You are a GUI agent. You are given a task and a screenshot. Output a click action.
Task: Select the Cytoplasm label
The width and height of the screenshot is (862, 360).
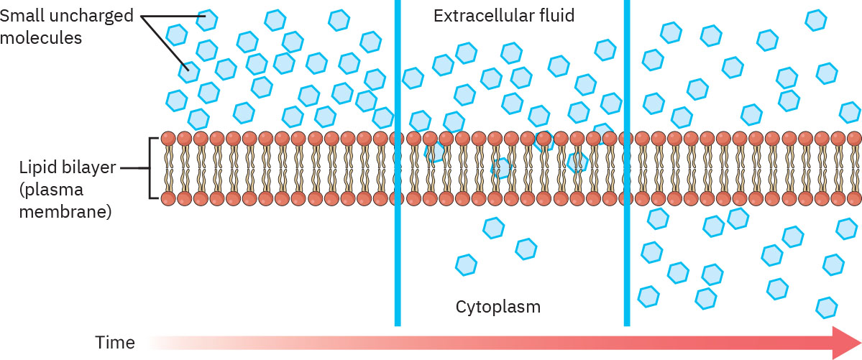coord(498,307)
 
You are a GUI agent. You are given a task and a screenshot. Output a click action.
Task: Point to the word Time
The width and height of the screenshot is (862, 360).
coord(115,343)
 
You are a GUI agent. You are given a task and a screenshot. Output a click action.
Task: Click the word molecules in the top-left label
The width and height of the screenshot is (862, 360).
coord(41,37)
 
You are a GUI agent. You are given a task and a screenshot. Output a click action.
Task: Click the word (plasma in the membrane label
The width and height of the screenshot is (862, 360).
coord(52,190)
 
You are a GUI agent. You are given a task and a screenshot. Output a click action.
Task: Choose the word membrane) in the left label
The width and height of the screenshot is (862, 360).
coord(65,212)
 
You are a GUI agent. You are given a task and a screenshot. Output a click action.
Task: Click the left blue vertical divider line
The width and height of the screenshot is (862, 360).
coord(397,162)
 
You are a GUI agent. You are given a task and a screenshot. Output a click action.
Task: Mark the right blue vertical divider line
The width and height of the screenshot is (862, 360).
coord(627,162)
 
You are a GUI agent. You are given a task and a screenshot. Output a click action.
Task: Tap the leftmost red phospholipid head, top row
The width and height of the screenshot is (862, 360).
coord(168,139)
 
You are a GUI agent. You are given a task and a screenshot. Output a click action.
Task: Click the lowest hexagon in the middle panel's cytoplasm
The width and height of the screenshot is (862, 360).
coord(467,264)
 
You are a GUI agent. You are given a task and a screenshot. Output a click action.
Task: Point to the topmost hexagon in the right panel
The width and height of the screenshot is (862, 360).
coord(816,20)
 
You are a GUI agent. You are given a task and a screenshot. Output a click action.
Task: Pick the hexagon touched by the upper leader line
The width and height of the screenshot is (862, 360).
coord(207,20)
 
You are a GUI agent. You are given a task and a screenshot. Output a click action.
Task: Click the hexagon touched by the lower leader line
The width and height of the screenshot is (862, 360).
coord(189,70)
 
